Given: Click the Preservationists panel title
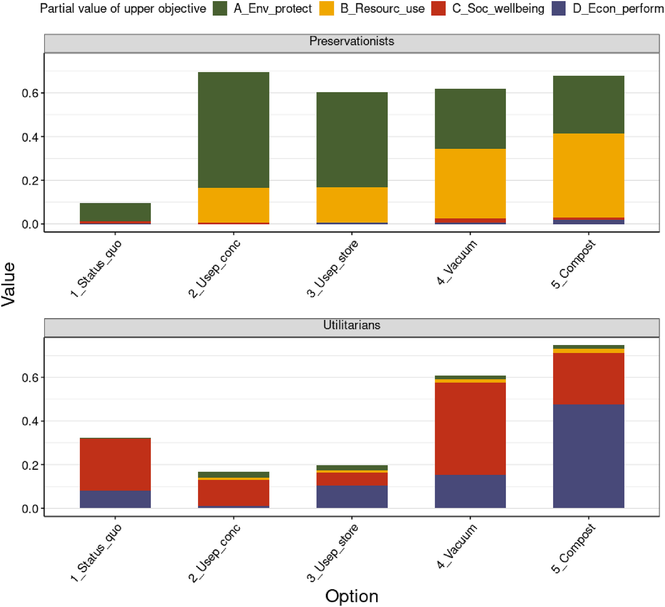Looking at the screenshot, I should tap(352, 41).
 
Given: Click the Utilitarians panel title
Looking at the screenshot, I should tap(352, 325).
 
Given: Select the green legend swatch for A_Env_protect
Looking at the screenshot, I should tap(220, 9).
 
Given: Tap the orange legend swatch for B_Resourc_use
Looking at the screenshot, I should tap(327, 9).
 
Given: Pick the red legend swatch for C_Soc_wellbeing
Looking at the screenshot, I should tap(438, 9).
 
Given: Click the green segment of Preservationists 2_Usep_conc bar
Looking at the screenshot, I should tap(234, 130).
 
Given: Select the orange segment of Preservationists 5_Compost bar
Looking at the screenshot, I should tap(589, 175).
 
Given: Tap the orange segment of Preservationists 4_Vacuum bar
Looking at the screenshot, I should tap(470, 183).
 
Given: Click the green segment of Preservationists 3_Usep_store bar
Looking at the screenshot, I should tap(352, 140).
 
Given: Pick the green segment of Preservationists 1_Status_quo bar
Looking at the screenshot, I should tap(115, 212).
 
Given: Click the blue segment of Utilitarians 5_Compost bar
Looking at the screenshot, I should tap(589, 456).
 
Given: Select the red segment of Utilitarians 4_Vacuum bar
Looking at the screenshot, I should tap(470, 429).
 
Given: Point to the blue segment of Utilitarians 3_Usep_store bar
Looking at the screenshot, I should tap(352, 497).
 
